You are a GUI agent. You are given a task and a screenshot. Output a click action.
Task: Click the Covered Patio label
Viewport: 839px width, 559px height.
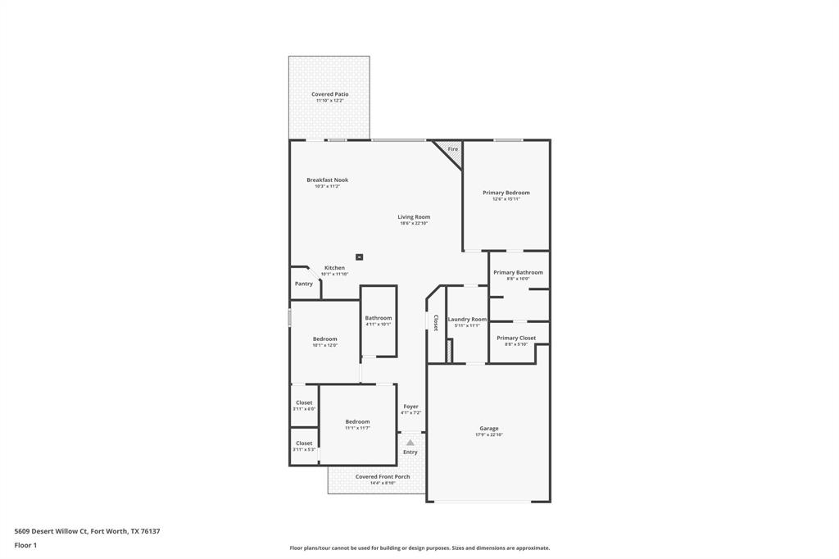click(x=329, y=94)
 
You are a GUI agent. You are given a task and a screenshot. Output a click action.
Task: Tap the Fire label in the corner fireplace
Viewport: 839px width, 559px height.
click(x=452, y=149)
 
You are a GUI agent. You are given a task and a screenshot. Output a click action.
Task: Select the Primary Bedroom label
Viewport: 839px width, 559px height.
click(x=506, y=193)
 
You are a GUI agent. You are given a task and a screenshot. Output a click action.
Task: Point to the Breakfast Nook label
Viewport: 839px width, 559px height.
click(x=327, y=180)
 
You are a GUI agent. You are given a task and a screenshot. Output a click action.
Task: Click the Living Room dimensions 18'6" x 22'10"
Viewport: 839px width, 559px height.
click(x=414, y=223)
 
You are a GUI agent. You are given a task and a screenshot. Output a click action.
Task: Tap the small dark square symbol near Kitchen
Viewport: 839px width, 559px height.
click(x=359, y=257)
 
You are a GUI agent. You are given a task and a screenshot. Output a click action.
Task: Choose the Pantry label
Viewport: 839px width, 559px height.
click(x=304, y=284)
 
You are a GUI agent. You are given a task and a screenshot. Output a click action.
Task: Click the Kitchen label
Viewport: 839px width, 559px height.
click(x=334, y=268)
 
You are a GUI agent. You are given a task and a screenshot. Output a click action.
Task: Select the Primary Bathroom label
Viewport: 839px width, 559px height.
click(x=518, y=272)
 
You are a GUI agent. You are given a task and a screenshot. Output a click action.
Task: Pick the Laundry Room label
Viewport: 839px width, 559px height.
click(x=467, y=319)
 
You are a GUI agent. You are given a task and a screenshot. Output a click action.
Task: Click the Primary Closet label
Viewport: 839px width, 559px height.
click(x=516, y=338)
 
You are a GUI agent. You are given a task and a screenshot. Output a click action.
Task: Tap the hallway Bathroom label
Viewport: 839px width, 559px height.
click(x=379, y=318)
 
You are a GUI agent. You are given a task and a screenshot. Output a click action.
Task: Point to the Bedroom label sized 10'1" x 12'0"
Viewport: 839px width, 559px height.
click(x=324, y=339)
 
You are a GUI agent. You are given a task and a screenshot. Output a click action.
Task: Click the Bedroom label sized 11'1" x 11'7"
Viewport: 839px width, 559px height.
click(x=357, y=421)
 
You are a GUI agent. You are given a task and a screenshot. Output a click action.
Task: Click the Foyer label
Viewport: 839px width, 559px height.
click(x=410, y=407)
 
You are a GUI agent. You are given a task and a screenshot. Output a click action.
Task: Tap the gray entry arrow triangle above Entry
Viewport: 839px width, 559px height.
click(x=410, y=443)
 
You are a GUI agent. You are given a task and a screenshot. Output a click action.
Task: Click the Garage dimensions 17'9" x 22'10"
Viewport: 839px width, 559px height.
click(x=489, y=434)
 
